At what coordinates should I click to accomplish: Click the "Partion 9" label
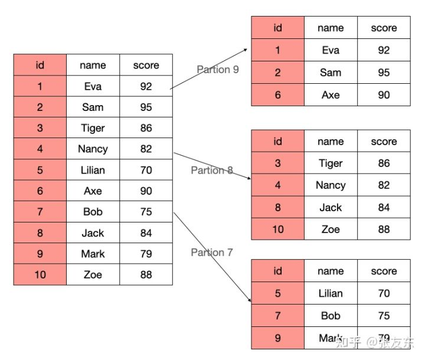[218, 70]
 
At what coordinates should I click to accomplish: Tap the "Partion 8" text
[212, 171]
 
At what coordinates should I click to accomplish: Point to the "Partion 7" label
[212, 253]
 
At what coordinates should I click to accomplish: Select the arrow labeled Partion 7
[212, 257]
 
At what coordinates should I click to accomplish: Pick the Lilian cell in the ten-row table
[93, 170]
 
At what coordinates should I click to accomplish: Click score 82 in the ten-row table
[146, 149]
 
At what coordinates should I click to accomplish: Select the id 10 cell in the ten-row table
[40, 274]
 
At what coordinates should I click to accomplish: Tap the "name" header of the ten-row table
[93, 65]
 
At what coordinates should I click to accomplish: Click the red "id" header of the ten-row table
[40, 65]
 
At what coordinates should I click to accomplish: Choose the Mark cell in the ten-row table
[93, 254]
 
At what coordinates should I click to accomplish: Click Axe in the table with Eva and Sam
[331, 94]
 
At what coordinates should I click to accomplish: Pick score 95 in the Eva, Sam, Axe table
[384, 73]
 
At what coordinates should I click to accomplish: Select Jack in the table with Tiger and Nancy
[331, 207]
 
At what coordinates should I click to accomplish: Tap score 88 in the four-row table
[384, 230]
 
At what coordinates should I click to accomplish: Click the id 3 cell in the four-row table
[277, 163]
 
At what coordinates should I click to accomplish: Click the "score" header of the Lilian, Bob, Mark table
[384, 271]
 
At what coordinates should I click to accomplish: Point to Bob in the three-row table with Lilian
[331, 316]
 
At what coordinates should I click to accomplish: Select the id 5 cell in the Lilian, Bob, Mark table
[277, 293]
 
